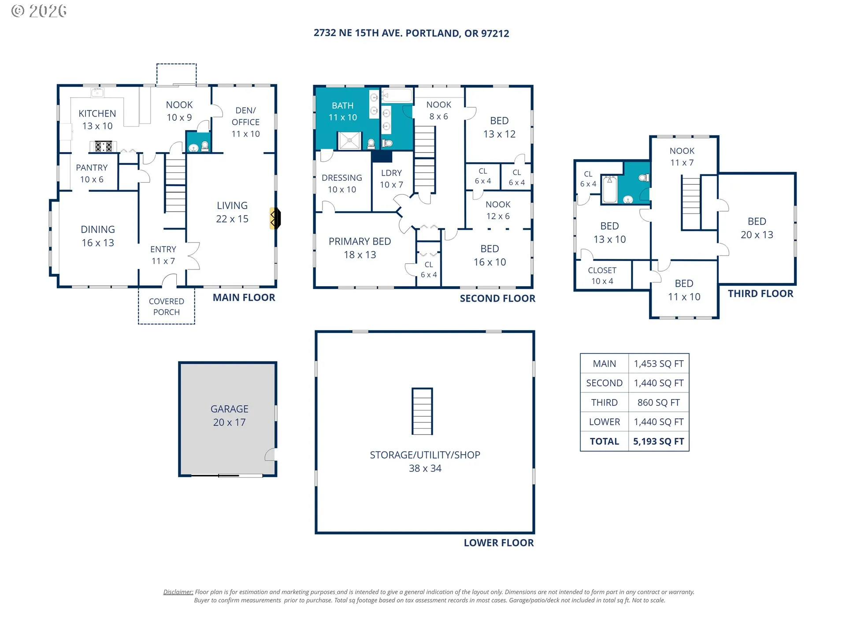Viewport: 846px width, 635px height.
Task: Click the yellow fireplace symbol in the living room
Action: click(275, 218)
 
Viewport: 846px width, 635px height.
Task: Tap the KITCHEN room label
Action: click(97, 114)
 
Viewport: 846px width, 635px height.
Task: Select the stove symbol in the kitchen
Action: click(104, 146)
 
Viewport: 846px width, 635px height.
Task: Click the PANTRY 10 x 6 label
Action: click(92, 173)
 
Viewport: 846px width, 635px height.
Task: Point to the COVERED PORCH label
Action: click(167, 306)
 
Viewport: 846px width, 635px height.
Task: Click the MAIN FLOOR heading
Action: click(244, 298)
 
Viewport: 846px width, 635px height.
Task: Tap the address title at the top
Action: click(411, 33)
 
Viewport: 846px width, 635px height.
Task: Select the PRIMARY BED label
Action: click(360, 242)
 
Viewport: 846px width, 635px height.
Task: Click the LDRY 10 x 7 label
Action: click(391, 179)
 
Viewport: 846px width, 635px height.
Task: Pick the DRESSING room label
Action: click(342, 178)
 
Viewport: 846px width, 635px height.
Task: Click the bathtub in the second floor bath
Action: click(397, 95)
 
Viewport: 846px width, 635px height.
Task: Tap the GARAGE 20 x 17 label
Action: click(229, 415)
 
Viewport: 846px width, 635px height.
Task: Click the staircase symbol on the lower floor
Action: click(422, 411)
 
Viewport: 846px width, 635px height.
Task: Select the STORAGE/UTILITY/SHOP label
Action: click(425, 455)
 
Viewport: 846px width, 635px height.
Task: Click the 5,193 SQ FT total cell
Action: click(658, 441)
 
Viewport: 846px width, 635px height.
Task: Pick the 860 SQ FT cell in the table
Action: click(658, 403)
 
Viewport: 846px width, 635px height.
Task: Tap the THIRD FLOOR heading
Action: click(760, 294)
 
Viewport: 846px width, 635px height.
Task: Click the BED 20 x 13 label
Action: click(757, 228)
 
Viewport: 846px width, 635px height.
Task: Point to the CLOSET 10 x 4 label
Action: click(602, 276)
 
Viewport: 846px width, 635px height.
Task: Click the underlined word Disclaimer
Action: click(178, 592)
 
